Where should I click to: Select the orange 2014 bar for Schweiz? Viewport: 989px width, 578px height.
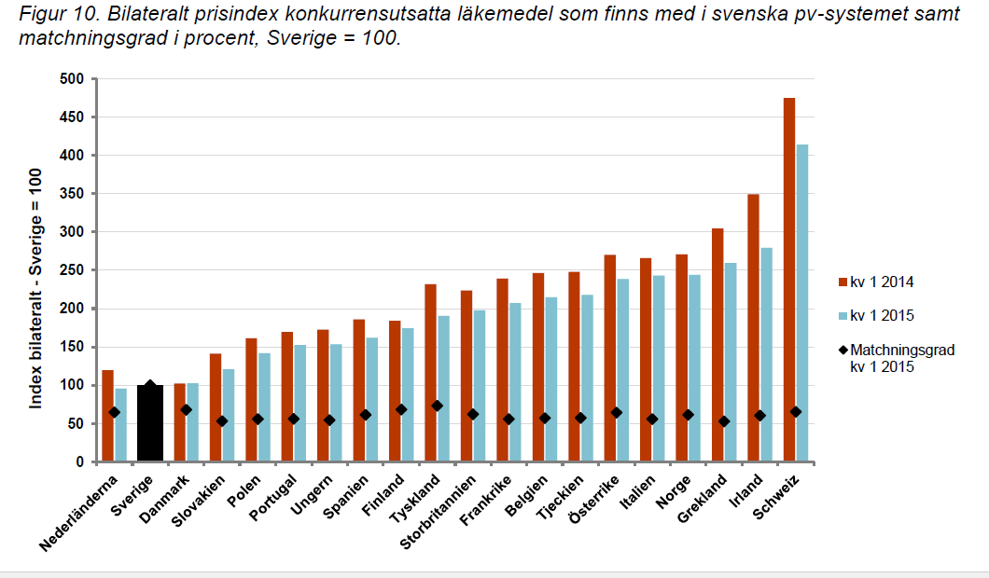click(x=789, y=280)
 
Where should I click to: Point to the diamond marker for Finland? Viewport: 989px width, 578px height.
click(x=401, y=409)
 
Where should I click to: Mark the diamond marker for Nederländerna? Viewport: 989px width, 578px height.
click(x=115, y=412)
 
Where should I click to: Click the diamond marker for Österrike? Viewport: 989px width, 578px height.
click(x=616, y=412)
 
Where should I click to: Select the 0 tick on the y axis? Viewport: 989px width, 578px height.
click(x=79, y=462)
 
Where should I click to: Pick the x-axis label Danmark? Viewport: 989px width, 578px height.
click(x=167, y=499)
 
